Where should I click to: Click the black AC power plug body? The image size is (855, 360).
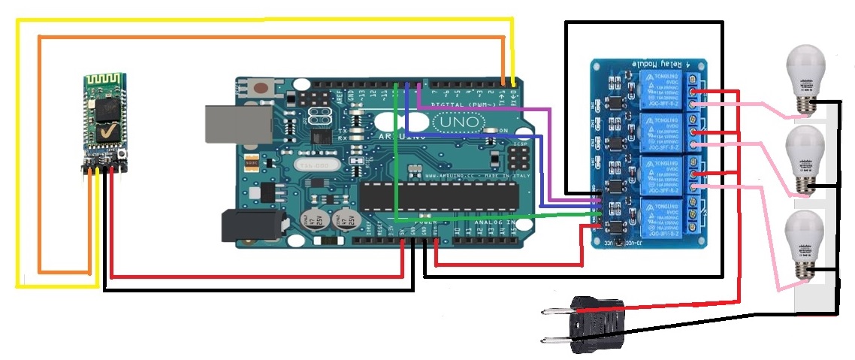click(x=597, y=324)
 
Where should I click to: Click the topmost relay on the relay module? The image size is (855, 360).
click(x=660, y=89)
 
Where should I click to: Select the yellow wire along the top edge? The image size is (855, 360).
click(x=263, y=22)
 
